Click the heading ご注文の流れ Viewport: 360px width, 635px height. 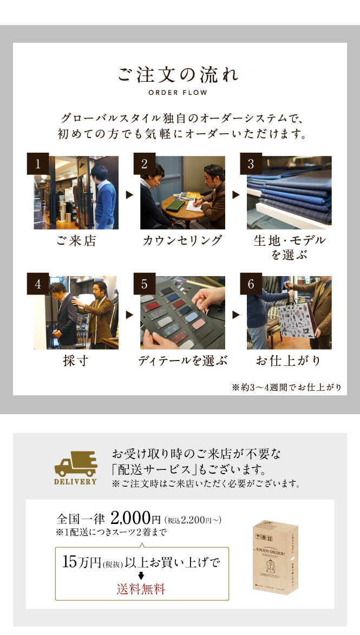[x=178, y=75]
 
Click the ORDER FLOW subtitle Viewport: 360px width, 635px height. [x=178, y=93]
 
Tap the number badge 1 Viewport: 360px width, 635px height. [x=38, y=163]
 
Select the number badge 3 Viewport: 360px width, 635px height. [x=251, y=163]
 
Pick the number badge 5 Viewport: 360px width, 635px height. [x=145, y=284]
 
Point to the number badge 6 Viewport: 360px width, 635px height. [x=251, y=284]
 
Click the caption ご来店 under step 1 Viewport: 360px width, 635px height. [x=76, y=240]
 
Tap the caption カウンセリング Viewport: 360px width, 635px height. [x=182, y=240]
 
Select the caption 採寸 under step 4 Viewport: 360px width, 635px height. [x=76, y=361]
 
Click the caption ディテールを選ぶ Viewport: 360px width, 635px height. [x=182, y=361]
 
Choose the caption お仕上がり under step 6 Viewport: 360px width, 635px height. [x=289, y=361]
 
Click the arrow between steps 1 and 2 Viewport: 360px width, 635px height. [x=129, y=195]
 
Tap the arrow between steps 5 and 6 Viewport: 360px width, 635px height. [x=236, y=315]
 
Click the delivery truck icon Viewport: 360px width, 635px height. [x=76, y=464]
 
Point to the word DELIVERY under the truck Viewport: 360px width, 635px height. [x=75, y=481]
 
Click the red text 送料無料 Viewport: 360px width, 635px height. [x=141, y=589]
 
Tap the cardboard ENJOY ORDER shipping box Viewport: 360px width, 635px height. [x=276, y=557]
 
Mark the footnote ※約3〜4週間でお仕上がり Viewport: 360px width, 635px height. [x=287, y=388]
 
